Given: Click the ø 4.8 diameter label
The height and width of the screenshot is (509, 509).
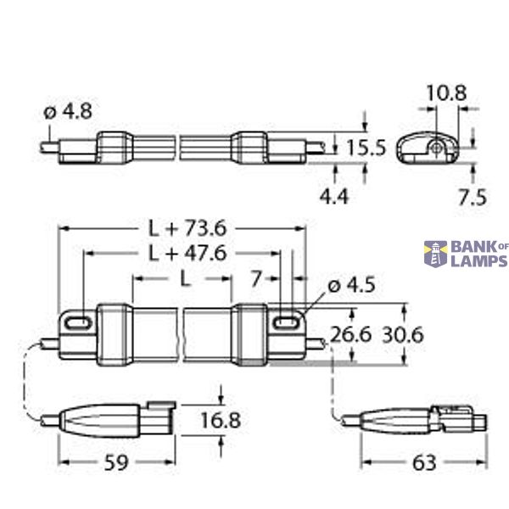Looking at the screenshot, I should click(x=67, y=111).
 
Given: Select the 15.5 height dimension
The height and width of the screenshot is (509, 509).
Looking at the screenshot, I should click(x=366, y=148).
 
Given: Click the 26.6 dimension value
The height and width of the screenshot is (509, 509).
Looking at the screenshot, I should click(x=350, y=336).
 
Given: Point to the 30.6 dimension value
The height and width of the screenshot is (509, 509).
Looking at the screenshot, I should click(x=402, y=336).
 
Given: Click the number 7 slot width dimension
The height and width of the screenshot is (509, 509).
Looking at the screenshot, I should click(x=258, y=278).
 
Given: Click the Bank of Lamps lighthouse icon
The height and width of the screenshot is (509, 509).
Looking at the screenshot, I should click(x=436, y=253).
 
